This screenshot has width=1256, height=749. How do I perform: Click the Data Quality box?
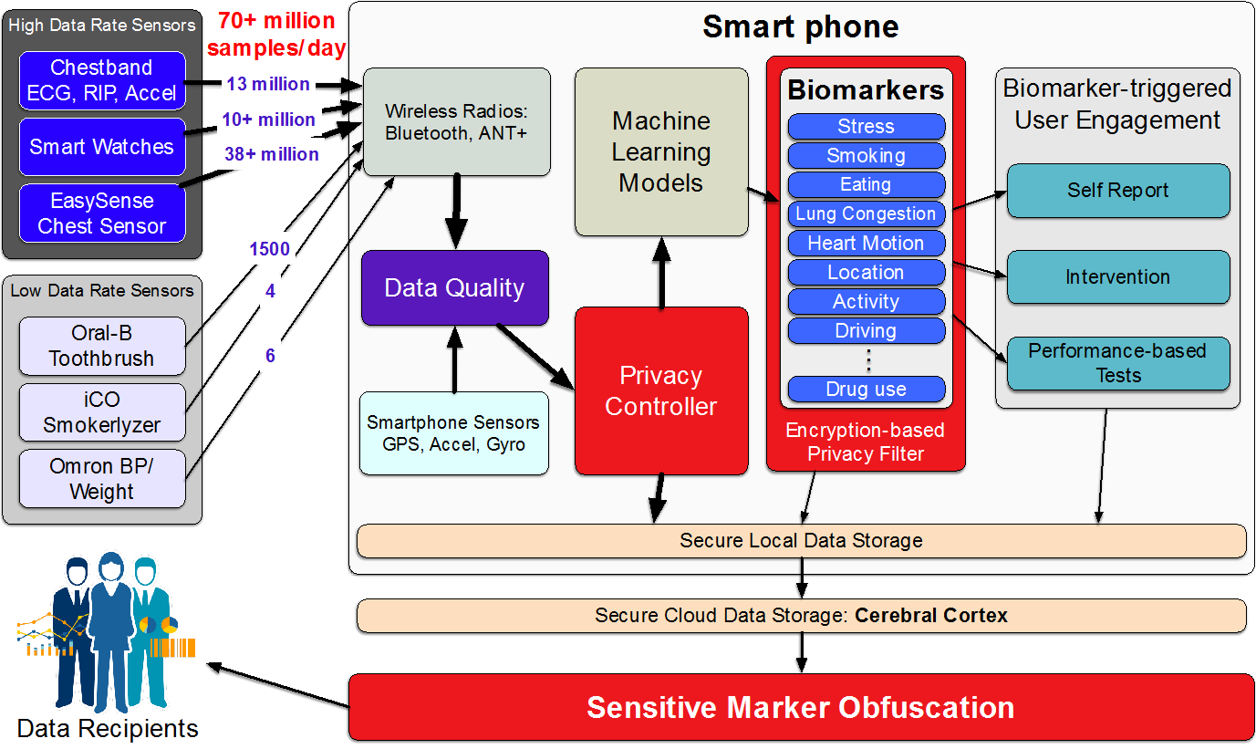pyautogui.click(x=455, y=287)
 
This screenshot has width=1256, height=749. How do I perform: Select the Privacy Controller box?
pyautogui.click(x=661, y=390)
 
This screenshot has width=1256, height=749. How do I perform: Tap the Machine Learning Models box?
pyautogui.click(x=661, y=152)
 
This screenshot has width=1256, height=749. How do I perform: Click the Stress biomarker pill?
pyautogui.click(x=867, y=126)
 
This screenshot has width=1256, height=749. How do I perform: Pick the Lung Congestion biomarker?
pyautogui.click(x=867, y=213)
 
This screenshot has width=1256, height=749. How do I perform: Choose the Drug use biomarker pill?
pyautogui.click(x=867, y=389)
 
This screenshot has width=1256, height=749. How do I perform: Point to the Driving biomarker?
pyautogui.click(x=867, y=331)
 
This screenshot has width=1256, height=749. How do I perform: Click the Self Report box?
pyautogui.click(x=1118, y=191)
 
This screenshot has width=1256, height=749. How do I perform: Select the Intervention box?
pyautogui.click(x=1118, y=277)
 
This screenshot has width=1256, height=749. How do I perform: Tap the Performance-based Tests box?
pyautogui.click(x=1118, y=363)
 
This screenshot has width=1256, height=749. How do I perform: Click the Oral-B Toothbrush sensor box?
pyautogui.click(x=102, y=346)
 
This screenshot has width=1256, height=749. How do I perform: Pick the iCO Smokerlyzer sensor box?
pyautogui.click(x=102, y=412)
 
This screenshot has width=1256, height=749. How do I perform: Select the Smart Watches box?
pyautogui.click(x=102, y=147)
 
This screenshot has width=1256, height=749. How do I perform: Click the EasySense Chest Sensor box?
pyautogui.click(x=102, y=213)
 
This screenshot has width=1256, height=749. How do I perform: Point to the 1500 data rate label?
pyautogui.click(x=270, y=249)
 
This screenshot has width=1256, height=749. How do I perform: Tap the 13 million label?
pyautogui.click(x=268, y=84)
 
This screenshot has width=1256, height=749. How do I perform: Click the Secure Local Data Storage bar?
pyautogui.click(x=801, y=541)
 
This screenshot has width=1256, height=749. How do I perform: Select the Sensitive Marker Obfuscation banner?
pyautogui.click(x=801, y=708)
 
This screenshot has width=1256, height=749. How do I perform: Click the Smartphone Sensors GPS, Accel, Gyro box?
pyautogui.click(x=454, y=433)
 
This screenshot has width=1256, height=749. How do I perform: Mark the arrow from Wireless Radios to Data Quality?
pyautogui.click(x=456, y=211)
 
